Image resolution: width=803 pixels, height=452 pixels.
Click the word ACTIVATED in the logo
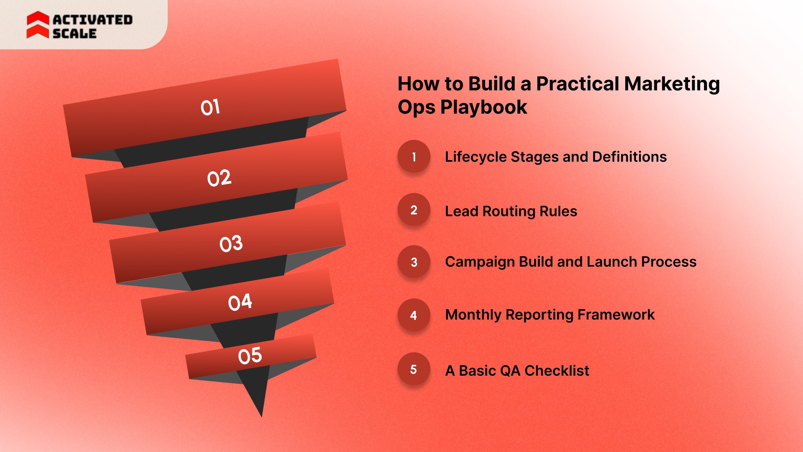point(93,20)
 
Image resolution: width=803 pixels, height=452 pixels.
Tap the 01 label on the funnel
point(210,107)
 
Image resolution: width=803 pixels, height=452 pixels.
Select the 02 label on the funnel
point(219,178)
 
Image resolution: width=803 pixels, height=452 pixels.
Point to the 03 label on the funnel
point(231,244)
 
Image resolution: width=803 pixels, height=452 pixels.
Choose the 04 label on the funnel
point(240,302)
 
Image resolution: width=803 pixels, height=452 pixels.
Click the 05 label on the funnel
point(250,356)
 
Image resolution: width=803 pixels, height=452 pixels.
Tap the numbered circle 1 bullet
point(414,157)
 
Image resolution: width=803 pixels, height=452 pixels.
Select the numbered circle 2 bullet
point(414,210)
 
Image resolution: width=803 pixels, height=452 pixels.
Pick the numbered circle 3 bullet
point(414,262)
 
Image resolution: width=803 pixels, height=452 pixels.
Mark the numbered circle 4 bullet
point(414,315)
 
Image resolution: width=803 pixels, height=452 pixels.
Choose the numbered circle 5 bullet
point(414,369)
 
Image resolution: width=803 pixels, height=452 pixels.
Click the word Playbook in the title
point(484,107)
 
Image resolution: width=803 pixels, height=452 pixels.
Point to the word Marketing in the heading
point(671,84)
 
